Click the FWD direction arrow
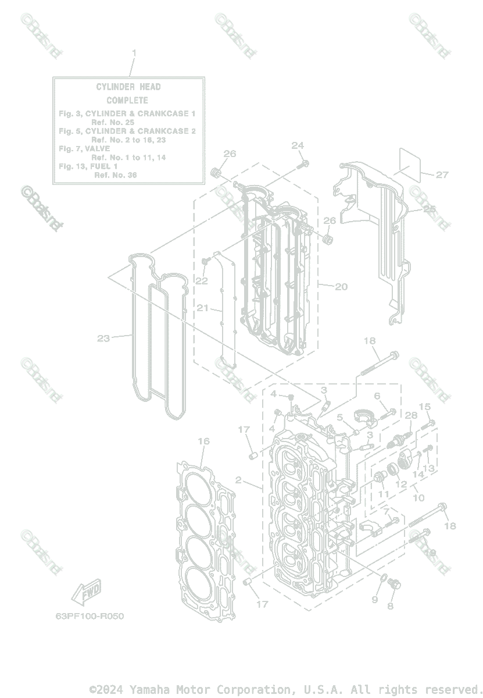click(x=85, y=593)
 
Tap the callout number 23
click(x=103, y=338)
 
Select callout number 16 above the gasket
click(x=203, y=441)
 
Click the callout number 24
click(x=298, y=145)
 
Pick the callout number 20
click(x=341, y=286)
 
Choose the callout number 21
click(x=202, y=308)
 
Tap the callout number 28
click(x=411, y=416)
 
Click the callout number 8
click(x=391, y=606)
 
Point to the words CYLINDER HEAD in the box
click(x=128, y=87)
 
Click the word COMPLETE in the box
click(x=127, y=100)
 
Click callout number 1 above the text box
click(x=134, y=53)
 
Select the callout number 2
click(x=238, y=480)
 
